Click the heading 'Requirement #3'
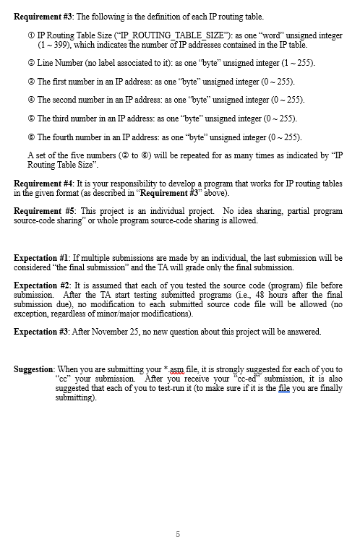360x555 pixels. pyautogui.click(x=44, y=16)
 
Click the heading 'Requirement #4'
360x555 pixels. pyautogui.click(x=43, y=184)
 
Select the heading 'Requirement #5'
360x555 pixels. pyautogui.click(x=43, y=210)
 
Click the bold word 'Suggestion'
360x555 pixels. pyautogui.click(x=33, y=369)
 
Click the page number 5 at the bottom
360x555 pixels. pyautogui.click(x=177, y=534)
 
